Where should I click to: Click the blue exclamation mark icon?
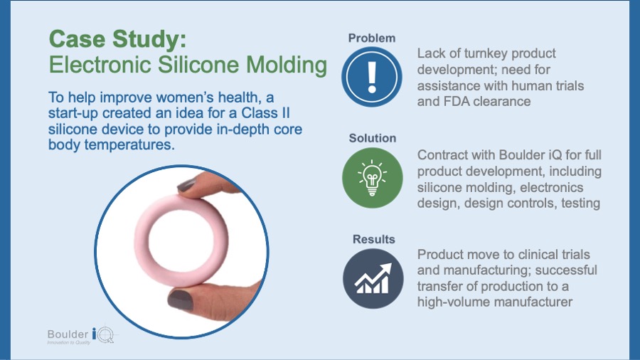point(371,77)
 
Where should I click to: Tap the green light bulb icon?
point(372,178)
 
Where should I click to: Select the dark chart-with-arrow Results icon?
point(373,279)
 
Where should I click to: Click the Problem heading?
point(372,38)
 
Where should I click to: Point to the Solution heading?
point(372,138)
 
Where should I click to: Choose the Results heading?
point(374,239)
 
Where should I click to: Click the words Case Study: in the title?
point(117,40)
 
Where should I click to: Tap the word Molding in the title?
point(287,65)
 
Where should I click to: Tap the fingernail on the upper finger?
point(186,185)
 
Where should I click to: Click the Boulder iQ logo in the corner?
point(82,336)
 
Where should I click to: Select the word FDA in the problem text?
point(457,101)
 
